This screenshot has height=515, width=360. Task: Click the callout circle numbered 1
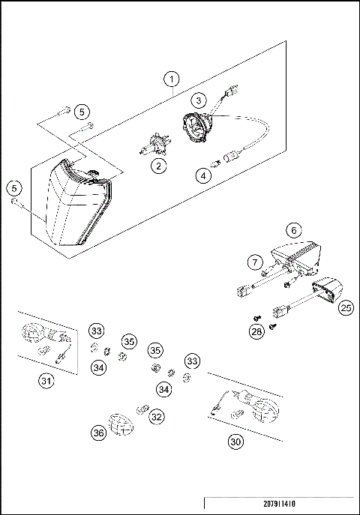(172, 79)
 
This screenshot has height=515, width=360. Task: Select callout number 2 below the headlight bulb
(157, 166)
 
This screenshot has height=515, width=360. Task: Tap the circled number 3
(198, 99)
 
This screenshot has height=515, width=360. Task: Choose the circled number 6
(294, 230)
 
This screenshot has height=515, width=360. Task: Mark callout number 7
(256, 262)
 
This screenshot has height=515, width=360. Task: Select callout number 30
(235, 442)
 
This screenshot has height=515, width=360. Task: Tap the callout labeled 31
(46, 381)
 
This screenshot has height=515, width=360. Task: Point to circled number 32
(156, 415)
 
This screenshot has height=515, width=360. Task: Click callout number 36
(97, 433)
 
